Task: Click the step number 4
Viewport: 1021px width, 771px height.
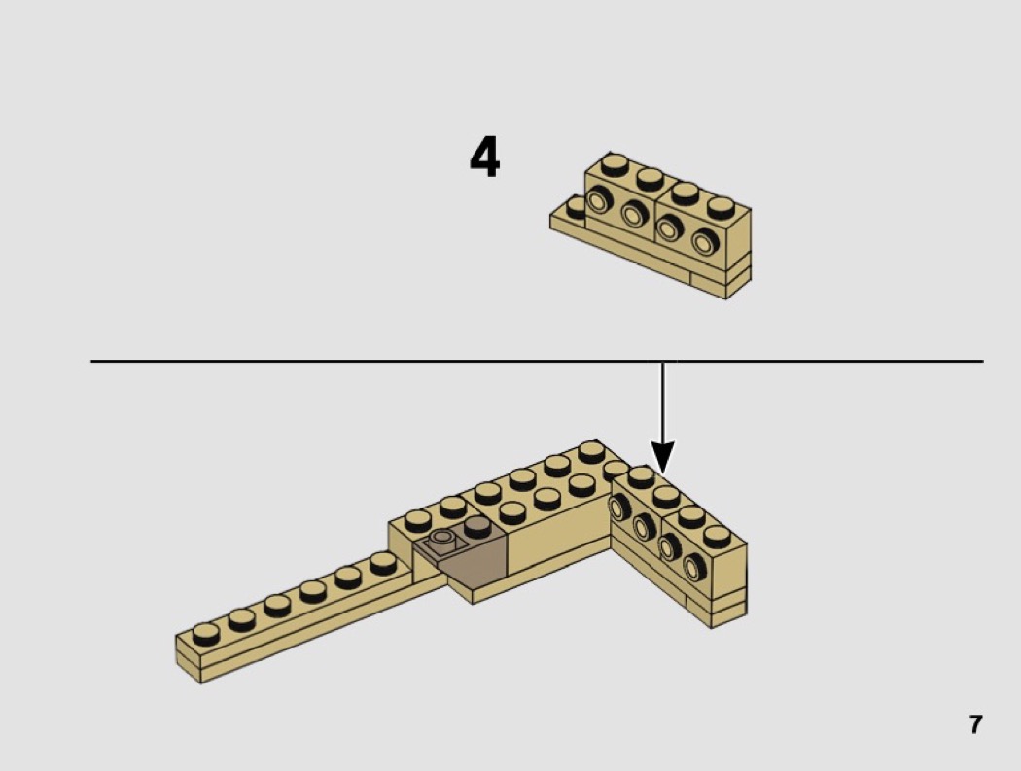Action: pos(484,157)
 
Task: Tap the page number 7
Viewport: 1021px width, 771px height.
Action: pos(974,724)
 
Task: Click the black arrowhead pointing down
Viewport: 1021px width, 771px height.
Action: pos(663,457)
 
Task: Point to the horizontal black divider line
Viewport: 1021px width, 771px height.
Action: pos(537,360)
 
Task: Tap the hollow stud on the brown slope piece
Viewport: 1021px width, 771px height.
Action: pos(444,538)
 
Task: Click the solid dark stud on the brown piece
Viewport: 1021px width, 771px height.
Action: pos(478,526)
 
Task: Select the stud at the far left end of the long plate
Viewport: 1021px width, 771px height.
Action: pos(206,634)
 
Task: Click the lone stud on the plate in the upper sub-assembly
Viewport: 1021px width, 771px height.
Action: pos(575,208)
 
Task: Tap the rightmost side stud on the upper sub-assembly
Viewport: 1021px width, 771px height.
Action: pos(705,241)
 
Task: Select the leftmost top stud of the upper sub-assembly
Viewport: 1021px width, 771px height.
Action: pos(615,163)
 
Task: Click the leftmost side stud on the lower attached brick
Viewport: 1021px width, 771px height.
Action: pos(619,507)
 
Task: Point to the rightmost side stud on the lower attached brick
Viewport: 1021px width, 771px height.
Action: pos(695,567)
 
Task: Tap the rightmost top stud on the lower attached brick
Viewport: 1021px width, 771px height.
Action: pos(717,536)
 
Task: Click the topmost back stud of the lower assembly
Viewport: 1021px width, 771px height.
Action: pos(591,450)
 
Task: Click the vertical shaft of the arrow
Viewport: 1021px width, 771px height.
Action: pos(663,402)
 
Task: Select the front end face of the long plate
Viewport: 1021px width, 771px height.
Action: pos(189,658)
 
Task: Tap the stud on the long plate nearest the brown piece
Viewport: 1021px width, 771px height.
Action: pos(383,563)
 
